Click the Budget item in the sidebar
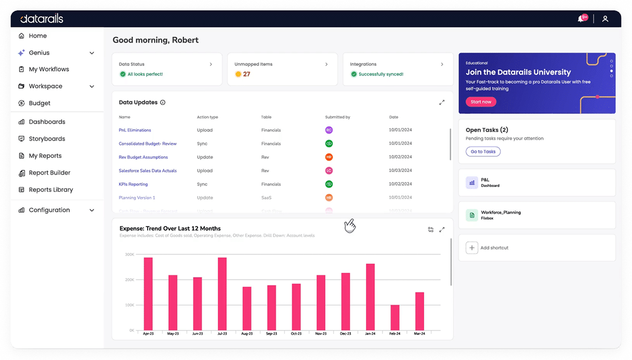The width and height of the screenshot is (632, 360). click(x=39, y=103)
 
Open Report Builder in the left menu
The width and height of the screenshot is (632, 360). click(x=49, y=172)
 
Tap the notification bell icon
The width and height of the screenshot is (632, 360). click(x=581, y=19)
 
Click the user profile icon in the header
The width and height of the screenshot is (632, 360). click(x=605, y=19)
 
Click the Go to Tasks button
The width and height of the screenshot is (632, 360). click(x=483, y=152)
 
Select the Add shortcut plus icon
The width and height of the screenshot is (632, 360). click(x=471, y=248)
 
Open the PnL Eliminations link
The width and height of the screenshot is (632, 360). click(x=135, y=130)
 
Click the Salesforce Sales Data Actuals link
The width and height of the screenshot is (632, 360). click(x=148, y=170)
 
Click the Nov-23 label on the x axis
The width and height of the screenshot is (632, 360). click(x=321, y=334)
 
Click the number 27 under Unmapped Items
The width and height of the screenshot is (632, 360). click(x=246, y=74)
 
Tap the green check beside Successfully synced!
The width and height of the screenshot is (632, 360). click(x=354, y=74)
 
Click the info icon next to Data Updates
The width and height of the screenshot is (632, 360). click(x=163, y=102)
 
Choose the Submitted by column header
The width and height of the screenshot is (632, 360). click(x=337, y=117)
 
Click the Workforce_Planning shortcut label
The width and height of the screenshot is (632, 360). click(x=501, y=212)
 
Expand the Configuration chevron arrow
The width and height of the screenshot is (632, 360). click(x=92, y=210)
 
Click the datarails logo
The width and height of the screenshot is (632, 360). click(x=42, y=19)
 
